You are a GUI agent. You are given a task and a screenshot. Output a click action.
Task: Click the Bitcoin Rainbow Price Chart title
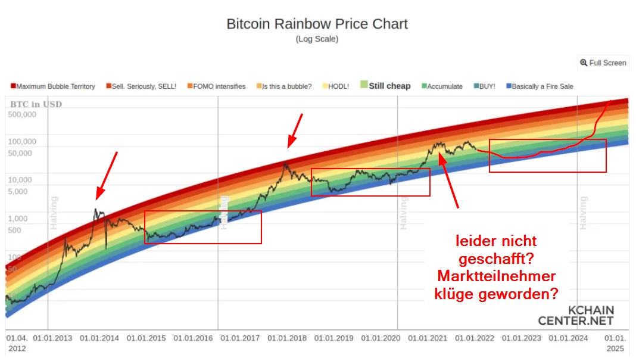[317, 24]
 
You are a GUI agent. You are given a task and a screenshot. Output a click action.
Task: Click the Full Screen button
[603, 63]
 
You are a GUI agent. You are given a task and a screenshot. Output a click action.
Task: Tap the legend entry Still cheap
[385, 86]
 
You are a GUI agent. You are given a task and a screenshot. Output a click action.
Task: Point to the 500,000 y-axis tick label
[22, 114]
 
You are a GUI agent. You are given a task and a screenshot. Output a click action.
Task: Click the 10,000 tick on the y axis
[23, 180]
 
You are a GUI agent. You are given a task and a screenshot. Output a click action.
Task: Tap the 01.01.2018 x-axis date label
[287, 338]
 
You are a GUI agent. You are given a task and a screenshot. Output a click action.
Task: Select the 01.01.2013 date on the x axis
[52, 338]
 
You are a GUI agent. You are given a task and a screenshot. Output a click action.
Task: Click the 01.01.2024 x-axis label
[568, 338]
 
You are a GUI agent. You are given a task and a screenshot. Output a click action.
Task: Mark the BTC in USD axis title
[36, 104]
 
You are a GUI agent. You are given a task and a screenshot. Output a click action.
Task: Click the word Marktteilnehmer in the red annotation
[497, 276]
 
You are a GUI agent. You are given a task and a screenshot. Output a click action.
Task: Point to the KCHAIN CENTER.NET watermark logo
[575, 316]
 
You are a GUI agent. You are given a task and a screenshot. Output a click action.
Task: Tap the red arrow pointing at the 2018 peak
[295, 130]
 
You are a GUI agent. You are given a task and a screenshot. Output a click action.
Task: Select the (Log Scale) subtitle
[317, 39]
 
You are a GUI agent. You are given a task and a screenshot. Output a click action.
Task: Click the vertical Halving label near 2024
[584, 213]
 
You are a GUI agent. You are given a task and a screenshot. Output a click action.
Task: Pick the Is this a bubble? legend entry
[284, 86]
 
